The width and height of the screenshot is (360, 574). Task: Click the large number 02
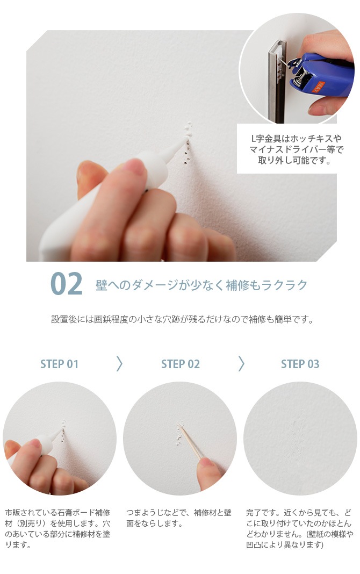coord(66,284)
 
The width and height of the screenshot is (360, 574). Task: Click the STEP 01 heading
coord(59,364)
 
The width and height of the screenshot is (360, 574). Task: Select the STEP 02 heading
coord(181,364)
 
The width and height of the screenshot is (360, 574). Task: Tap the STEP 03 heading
coord(300,364)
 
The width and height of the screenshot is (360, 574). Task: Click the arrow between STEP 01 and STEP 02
coord(119,364)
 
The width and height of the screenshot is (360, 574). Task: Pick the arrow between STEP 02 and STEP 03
coord(241,364)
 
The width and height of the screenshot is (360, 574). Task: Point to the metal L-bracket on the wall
coord(277,81)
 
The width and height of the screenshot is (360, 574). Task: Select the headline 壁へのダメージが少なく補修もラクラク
coord(201,285)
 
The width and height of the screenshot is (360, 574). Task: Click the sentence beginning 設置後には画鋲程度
coord(182,320)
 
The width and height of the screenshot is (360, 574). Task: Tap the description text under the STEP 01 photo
coord(57,529)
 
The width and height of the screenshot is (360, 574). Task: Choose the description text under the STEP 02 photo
coord(178,518)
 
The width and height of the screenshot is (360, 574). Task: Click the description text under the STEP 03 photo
coord(300,529)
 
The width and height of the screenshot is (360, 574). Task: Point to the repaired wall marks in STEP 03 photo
coord(299,436)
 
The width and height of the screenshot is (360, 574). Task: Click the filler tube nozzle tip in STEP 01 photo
coord(61,430)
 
